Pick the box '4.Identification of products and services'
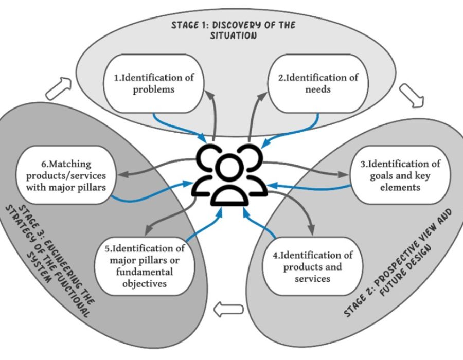tap(319, 266)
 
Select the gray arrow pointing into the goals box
tap(309, 170)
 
